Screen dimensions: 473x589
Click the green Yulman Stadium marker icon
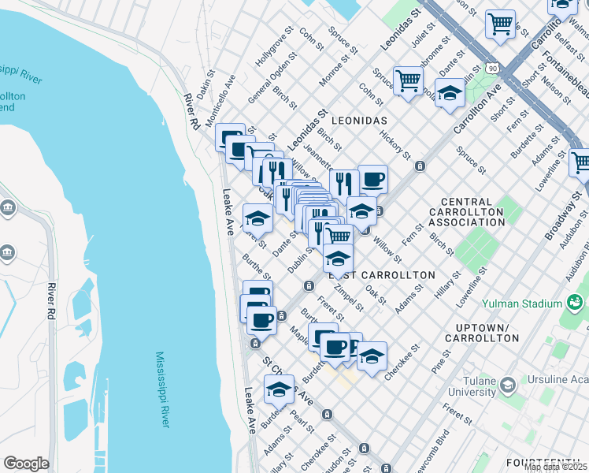[575, 302]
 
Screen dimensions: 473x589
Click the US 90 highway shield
[492, 69]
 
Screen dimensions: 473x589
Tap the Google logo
[26, 464]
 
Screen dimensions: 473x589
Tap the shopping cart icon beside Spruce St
[408, 80]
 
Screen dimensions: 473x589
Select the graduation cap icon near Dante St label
[257, 218]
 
